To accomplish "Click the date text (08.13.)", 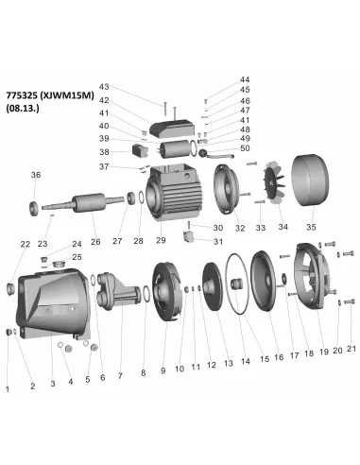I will (23, 109).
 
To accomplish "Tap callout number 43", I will (130, 86).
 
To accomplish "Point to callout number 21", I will (351, 351).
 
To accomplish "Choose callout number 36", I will (36, 175).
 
